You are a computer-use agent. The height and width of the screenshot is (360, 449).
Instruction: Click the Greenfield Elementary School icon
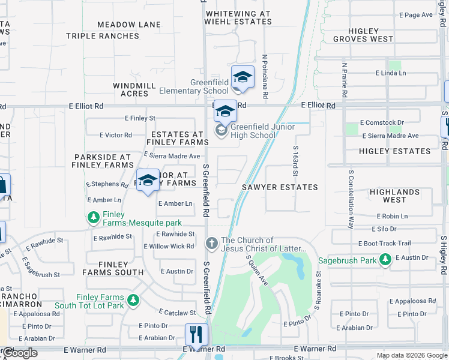coord(243,77)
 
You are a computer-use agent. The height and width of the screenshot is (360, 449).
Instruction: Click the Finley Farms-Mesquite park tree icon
coord(93,217)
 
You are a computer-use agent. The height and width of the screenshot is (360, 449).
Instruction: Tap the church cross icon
coord(211,244)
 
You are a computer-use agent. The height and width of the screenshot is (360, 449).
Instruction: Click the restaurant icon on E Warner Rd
coord(196,335)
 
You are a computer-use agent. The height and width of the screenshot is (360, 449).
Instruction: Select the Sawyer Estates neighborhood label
coord(280,187)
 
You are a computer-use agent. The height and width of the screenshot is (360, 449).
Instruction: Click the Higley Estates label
coord(395,152)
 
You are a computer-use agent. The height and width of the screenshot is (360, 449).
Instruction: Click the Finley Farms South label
coord(113,268)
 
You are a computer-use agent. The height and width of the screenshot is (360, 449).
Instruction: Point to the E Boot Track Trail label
coord(384,244)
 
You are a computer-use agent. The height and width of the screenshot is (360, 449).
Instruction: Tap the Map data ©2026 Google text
coord(411,355)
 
